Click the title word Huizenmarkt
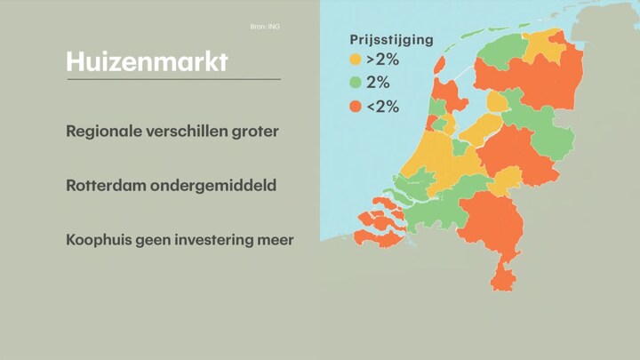tap(147, 61)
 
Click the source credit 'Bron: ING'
tap(265, 27)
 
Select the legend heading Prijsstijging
tap(391, 40)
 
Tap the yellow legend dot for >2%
tap(356, 60)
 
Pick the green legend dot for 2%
tap(356, 83)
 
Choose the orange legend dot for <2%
tap(356, 107)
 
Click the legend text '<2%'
tap(382, 107)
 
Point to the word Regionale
tap(104, 132)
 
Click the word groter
tap(255, 132)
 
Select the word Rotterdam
tap(106, 186)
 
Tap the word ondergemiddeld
tap(213, 186)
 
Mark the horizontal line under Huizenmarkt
tap(174, 79)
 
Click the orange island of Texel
tap(440, 65)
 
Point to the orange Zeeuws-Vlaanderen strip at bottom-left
tap(379, 239)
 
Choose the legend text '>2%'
tap(382, 60)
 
